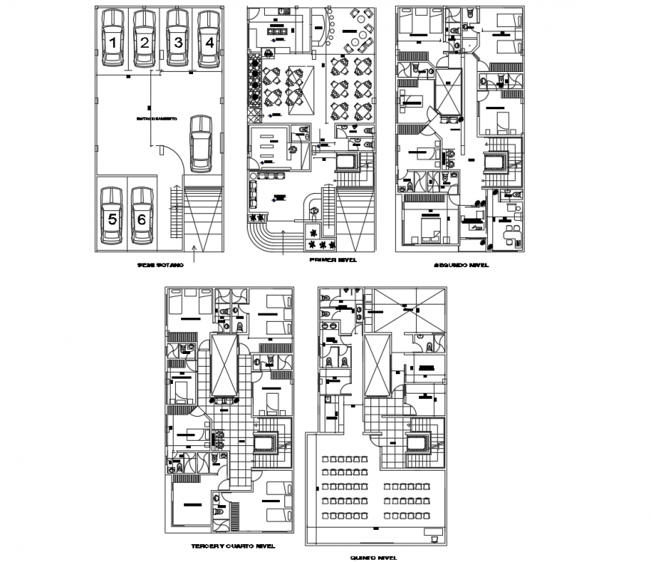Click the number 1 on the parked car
(111, 43)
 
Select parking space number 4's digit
(210, 43)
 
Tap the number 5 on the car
(111, 219)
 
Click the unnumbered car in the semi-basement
(201, 141)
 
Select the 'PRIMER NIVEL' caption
(331, 260)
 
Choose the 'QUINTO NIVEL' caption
(372, 558)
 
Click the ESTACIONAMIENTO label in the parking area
(156, 119)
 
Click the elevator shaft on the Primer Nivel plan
(348, 163)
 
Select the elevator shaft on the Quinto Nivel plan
(415, 443)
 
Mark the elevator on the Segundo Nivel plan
(495, 162)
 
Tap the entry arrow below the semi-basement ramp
(193, 254)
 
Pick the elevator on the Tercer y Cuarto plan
(264, 444)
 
